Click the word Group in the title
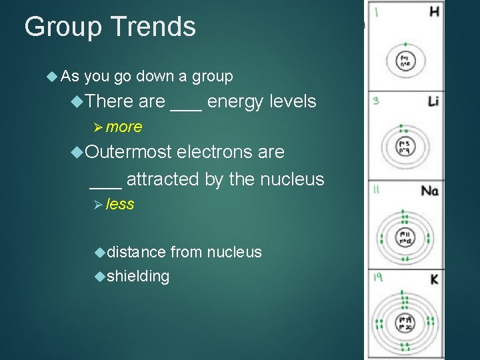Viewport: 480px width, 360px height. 62,27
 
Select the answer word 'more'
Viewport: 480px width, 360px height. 123,127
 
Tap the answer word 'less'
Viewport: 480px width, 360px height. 120,205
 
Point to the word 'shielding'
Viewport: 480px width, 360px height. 137,276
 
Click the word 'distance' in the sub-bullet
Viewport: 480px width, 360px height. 136,252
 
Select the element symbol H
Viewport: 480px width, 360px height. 434,11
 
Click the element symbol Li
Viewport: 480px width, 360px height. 433,101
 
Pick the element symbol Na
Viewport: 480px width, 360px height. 430,191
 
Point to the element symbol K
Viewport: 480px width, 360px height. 434,278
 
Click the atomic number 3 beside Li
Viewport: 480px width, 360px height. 376,101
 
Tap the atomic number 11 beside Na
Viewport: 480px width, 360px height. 377,190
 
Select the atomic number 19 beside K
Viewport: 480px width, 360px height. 377,277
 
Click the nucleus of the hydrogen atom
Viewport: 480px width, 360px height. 404,61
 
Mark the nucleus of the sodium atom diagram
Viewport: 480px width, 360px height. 404,237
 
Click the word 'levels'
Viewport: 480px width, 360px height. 293,102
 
